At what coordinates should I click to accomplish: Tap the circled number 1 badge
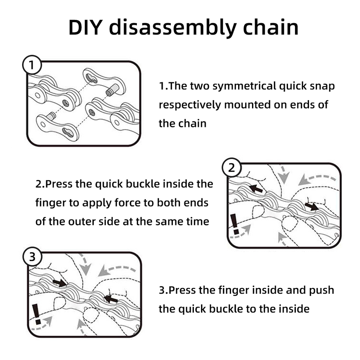tap(32, 66)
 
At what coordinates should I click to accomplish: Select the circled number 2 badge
tap(231, 168)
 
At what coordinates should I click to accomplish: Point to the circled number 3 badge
tap(32, 257)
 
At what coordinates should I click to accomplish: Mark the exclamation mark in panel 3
tap(37, 314)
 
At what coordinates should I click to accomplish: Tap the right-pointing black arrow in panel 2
tap(312, 206)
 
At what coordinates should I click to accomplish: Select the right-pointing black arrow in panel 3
tap(60, 282)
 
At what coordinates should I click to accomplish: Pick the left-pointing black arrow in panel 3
tap(111, 299)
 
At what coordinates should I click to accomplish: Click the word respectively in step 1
tap(190, 105)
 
